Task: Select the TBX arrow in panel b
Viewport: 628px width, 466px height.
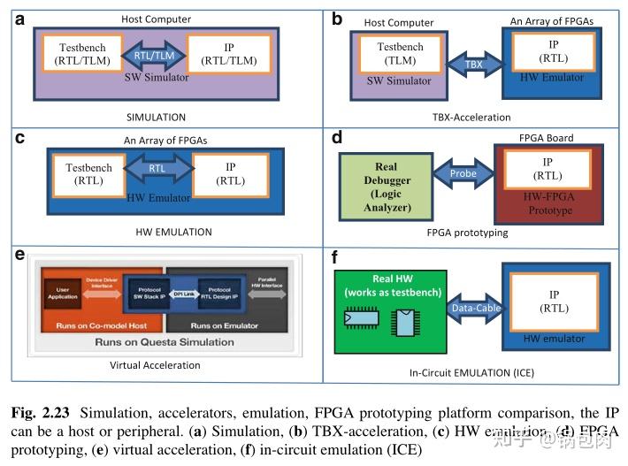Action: (473, 65)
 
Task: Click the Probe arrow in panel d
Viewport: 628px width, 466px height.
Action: (463, 173)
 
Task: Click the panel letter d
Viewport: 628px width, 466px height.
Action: (337, 138)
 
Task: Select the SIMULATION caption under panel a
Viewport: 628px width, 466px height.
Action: (155, 117)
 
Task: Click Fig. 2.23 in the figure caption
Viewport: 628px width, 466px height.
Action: (38, 413)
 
